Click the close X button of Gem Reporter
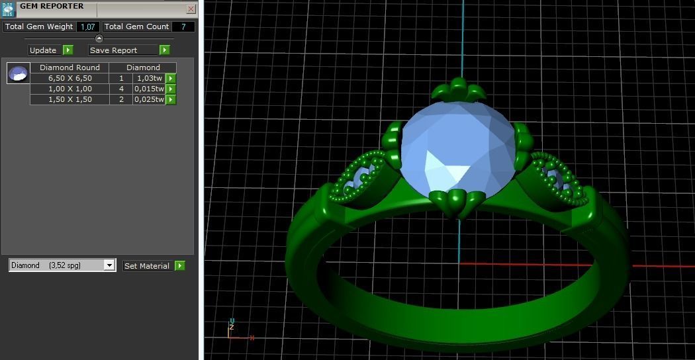pos(191,9)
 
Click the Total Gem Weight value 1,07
pos(87,27)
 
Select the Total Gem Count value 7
pos(183,27)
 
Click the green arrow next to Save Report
pos(164,50)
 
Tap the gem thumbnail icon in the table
pos(19,73)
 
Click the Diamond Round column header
pos(69,67)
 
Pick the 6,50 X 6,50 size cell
pos(69,78)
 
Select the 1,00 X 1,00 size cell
pos(69,89)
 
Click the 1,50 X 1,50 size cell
pos(69,99)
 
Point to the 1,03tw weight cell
pos(149,78)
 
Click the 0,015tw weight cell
pos(149,89)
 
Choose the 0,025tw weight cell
pos(149,99)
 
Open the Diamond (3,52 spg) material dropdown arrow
pos(109,265)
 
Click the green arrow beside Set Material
pos(179,266)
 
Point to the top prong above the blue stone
pos(457,89)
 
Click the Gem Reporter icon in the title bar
pos(8,9)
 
